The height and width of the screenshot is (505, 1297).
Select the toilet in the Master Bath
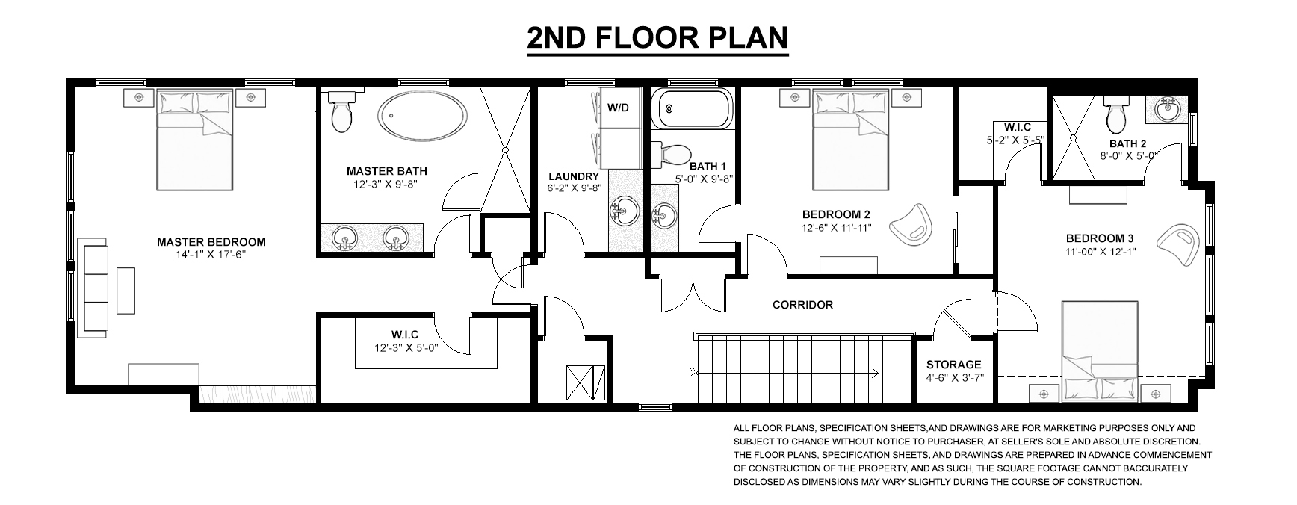coord(342,113)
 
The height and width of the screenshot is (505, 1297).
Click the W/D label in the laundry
coord(618,108)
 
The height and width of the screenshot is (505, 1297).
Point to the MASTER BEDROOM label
coord(211,242)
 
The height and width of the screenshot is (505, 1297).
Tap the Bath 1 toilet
coord(670,154)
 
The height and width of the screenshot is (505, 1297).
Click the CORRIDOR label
coord(802,305)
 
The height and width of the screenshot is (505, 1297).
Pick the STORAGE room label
coord(953,365)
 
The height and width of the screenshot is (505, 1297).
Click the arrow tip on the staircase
coord(876,371)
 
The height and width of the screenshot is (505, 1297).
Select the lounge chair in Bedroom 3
coord(1180,244)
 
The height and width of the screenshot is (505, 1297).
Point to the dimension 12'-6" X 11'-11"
coord(837,229)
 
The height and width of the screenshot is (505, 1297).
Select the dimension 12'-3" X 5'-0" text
coord(406,347)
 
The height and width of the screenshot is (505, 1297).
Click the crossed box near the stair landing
coord(583,383)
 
